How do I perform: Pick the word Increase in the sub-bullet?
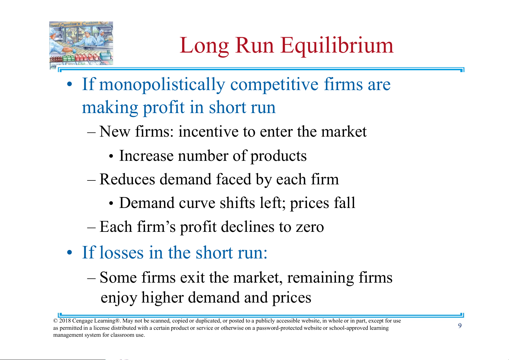(146, 156)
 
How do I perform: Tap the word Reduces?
(127, 179)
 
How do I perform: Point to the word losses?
(121, 253)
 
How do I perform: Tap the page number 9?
(460, 326)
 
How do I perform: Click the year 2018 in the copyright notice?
(65, 321)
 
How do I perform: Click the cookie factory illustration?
(81, 44)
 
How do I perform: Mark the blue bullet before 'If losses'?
(69, 252)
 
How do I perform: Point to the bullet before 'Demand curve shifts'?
(111, 203)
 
